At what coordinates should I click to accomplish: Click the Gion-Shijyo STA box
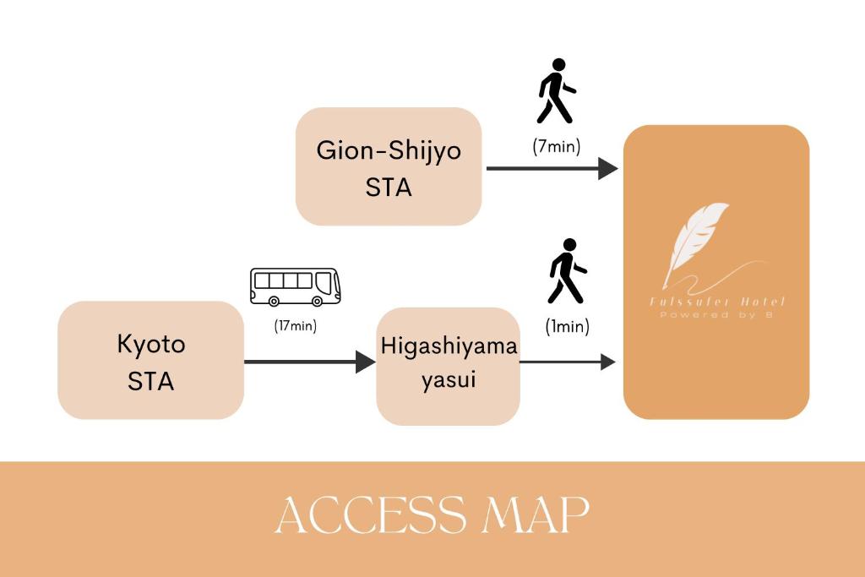(x=389, y=166)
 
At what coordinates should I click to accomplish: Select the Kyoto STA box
(x=150, y=361)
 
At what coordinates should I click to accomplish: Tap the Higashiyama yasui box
(x=448, y=366)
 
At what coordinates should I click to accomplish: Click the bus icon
(x=296, y=287)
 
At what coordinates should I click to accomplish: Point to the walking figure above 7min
(x=556, y=91)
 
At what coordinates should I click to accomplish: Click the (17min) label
(x=296, y=325)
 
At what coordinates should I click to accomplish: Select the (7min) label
(x=557, y=146)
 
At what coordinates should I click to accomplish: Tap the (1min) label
(x=568, y=326)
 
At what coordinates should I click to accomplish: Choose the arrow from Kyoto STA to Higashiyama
(x=309, y=362)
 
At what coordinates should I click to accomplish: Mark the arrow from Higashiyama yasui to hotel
(x=567, y=362)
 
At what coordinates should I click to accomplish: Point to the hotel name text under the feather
(x=717, y=302)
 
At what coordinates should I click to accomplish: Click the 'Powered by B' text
(x=717, y=315)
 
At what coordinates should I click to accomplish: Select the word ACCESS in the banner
(x=371, y=514)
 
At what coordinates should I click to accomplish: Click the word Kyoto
(x=151, y=345)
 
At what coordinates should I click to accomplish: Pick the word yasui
(x=449, y=380)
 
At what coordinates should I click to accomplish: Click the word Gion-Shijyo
(x=389, y=150)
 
